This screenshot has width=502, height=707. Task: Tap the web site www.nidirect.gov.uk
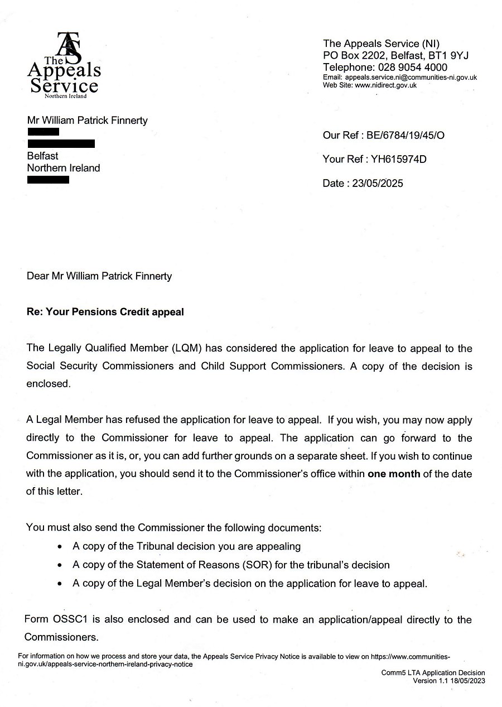pyautogui.click(x=385, y=85)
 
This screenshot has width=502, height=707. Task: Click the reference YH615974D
pyautogui.click(x=397, y=160)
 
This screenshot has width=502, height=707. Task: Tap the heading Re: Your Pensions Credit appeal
pyautogui.click(x=105, y=312)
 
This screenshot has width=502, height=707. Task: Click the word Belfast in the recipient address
pyautogui.click(x=42, y=156)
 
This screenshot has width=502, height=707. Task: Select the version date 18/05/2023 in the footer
pyautogui.click(x=464, y=681)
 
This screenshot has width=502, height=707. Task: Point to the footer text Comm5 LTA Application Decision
pyautogui.click(x=433, y=673)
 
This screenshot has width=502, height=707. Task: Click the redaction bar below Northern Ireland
pyautogui.click(x=48, y=180)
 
